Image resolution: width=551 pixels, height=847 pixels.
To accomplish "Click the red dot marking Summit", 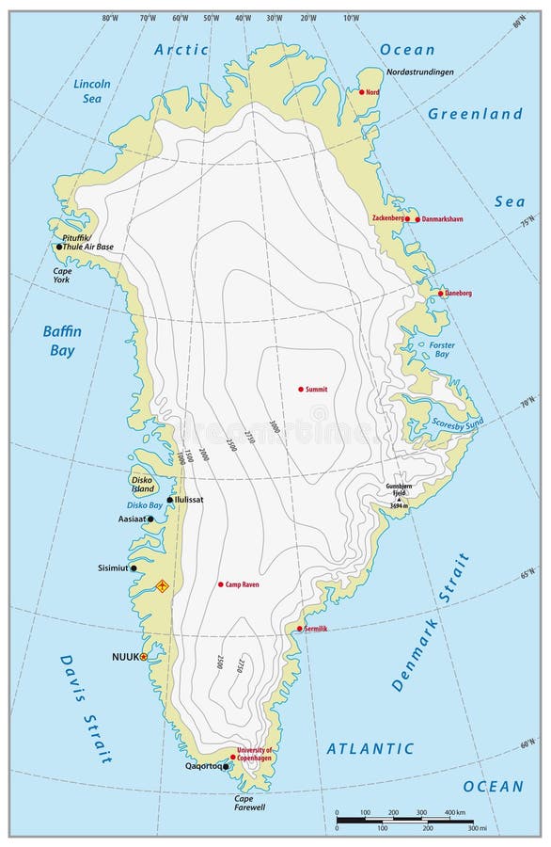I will point(301,389).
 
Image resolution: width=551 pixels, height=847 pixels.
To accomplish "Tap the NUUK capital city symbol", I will point(143,657).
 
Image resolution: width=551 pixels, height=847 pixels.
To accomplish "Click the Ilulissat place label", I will point(189,500).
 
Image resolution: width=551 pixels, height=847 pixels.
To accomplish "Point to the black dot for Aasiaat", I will point(150,519).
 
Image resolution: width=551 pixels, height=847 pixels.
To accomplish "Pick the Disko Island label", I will point(143,484).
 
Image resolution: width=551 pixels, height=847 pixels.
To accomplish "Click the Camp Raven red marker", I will point(221,584).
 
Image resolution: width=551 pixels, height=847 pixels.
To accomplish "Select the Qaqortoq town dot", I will point(226,767).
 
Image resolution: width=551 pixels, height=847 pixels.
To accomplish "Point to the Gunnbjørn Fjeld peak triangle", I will point(399,498).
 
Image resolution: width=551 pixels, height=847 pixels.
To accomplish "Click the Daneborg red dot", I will point(440,294).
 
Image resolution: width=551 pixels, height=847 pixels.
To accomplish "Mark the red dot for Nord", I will point(362,92).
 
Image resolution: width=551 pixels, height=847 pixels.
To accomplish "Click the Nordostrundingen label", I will point(419,72).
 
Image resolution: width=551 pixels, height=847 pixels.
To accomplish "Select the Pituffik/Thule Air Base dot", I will point(59,247).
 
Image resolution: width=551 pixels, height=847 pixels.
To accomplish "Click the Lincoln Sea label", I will point(92,90).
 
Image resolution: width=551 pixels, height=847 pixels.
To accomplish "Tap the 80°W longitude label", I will point(110,18).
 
